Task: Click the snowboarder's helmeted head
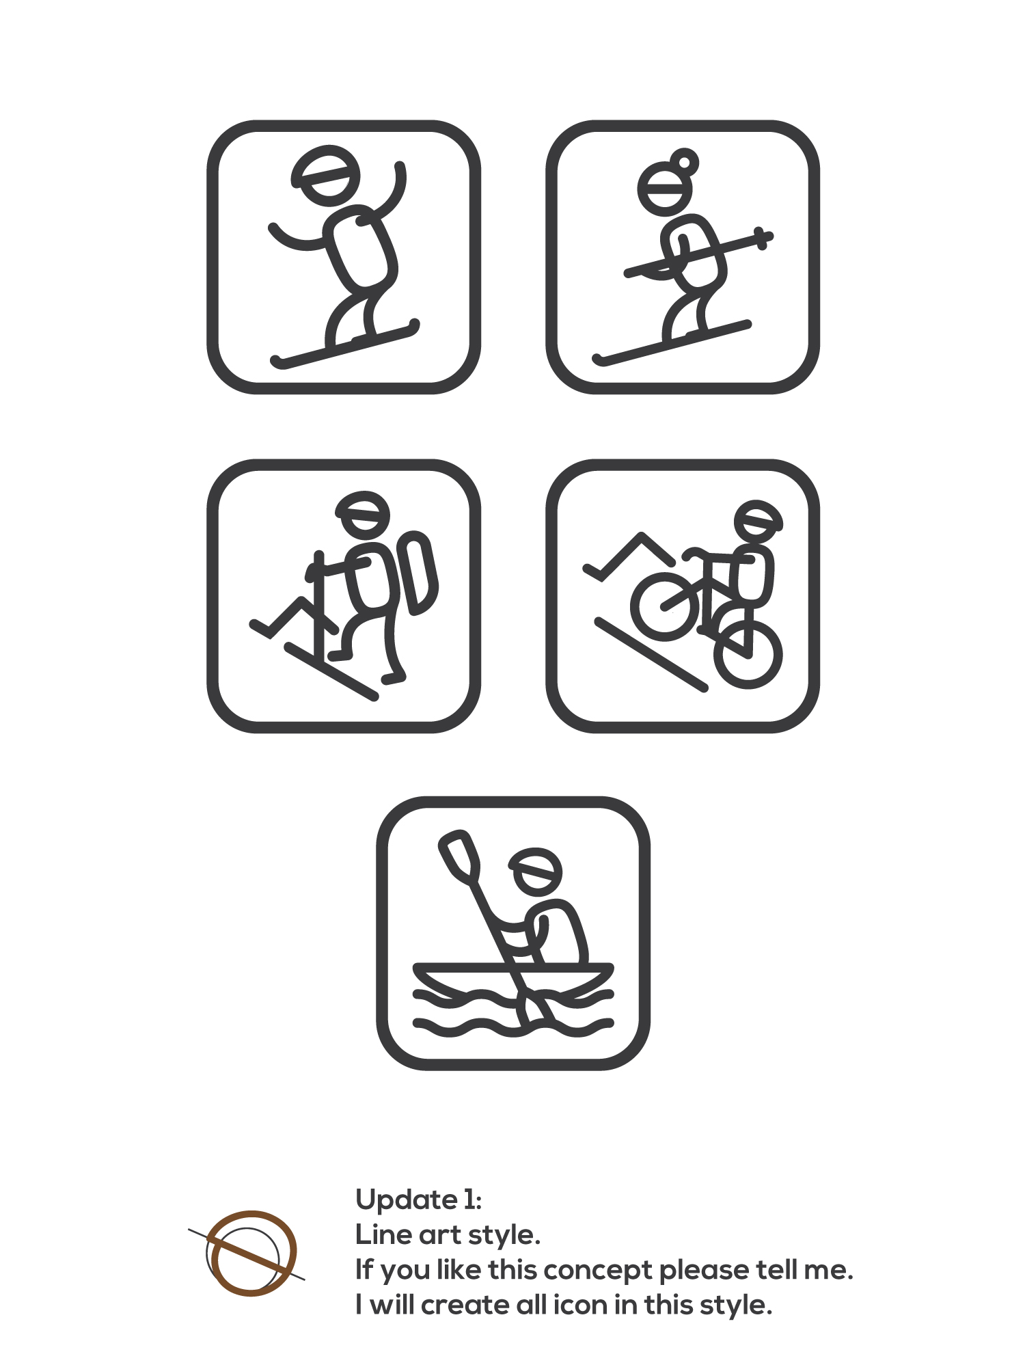click(327, 175)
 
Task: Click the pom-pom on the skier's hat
click(685, 161)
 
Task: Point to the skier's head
click(665, 189)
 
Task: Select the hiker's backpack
click(417, 573)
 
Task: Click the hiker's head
click(363, 514)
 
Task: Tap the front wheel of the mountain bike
click(665, 606)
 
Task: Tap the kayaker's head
click(537, 872)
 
